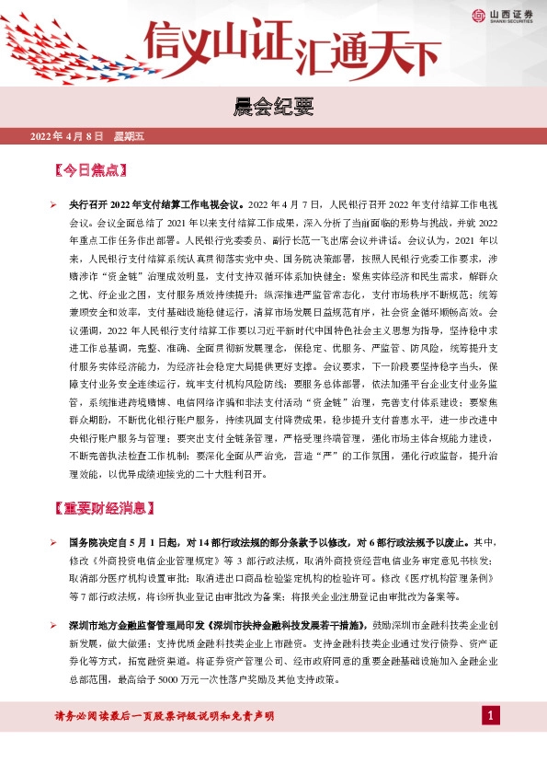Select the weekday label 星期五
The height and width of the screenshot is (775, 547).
click(x=129, y=136)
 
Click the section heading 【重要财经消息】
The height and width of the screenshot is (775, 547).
click(x=104, y=508)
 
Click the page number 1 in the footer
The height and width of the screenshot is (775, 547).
click(x=491, y=716)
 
